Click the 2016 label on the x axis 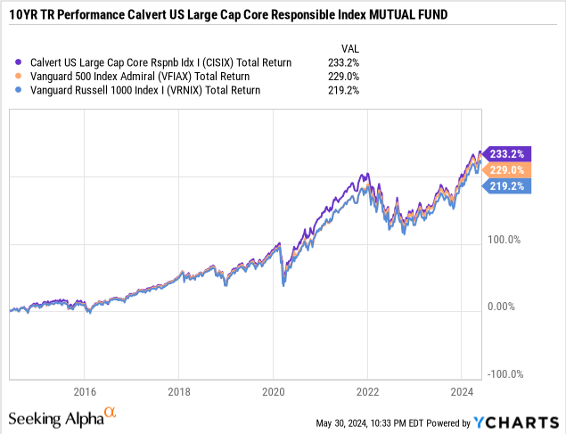coord(85,391)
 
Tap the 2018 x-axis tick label coord(179,391)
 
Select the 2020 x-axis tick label coord(274,391)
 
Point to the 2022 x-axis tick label coord(368,391)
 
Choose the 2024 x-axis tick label coord(462,391)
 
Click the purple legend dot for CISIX coord(20,62)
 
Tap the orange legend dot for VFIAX coord(20,76)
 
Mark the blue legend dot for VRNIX coord(20,90)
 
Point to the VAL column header coord(350,47)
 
